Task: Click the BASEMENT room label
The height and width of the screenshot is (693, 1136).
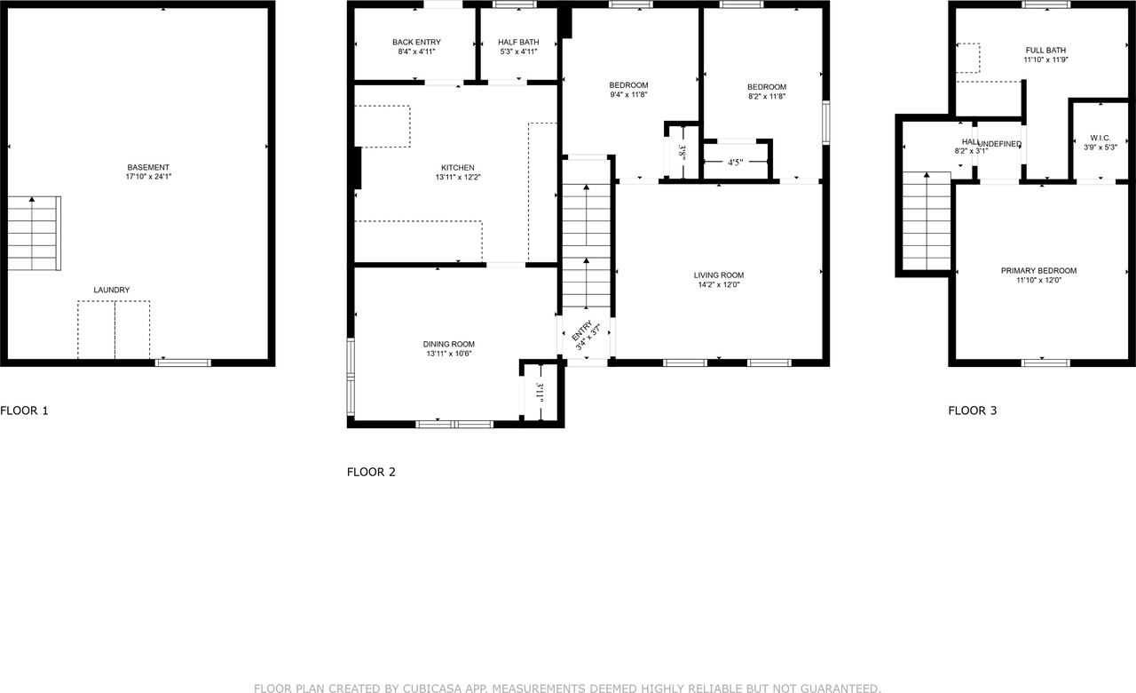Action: coord(148,167)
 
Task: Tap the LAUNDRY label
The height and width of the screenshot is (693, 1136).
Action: coord(112,290)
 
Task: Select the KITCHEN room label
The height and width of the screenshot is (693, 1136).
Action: coord(458,167)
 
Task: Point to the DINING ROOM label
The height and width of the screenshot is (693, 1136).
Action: coord(448,344)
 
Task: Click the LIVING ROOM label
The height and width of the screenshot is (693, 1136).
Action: coord(719,275)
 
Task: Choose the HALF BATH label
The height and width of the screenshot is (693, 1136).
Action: coord(518,42)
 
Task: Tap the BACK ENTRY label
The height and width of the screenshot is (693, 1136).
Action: coord(416,42)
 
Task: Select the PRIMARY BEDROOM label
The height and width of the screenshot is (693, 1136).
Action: coord(1038,270)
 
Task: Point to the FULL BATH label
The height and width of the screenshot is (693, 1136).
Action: coord(1045,50)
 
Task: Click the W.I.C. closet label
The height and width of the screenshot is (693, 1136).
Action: coord(1100,137)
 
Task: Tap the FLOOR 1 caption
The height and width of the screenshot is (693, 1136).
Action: coord(25,410)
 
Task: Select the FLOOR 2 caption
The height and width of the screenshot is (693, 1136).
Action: coord(371,472)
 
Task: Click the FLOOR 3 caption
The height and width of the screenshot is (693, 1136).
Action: coord(973,410)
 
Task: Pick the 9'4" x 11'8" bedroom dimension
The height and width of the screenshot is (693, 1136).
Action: coord(628,96)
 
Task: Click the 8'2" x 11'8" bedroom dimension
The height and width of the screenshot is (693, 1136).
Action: coord(766,97)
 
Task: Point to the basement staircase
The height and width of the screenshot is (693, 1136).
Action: coord(34,233)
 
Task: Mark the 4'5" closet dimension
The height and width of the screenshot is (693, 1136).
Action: coord(735,163)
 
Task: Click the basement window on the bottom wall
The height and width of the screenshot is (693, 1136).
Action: coord(183,362)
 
